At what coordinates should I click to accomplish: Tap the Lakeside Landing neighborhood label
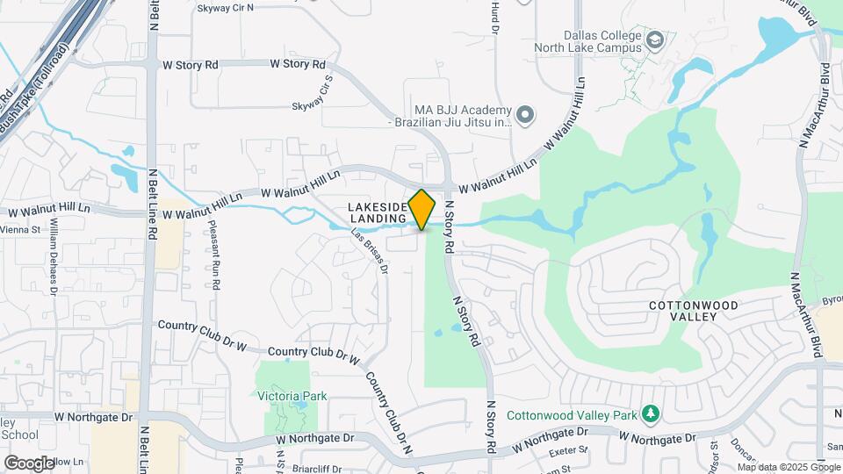click(x=378, y=212)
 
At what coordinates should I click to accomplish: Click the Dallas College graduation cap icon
click(x=655, y=40)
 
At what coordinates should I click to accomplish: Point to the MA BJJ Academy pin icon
click(x=525, y=115)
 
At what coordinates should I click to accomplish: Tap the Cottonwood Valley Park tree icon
click(x=650, y=413)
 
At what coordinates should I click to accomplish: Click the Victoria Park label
click(x=292, y=396)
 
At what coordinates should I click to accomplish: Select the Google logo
click(x=29, y=463)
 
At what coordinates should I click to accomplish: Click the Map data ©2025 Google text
click(x=788, y=466)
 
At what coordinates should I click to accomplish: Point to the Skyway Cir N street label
click(x=225, y=8)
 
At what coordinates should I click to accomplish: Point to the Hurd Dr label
click(x=495, y=19)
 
